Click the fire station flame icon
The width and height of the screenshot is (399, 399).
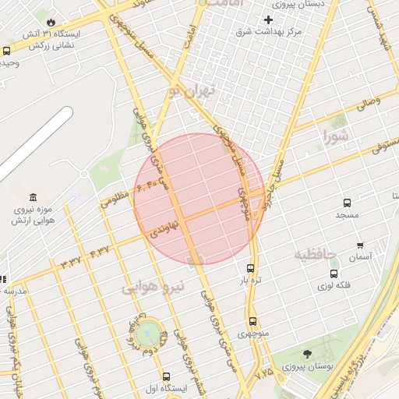coord(51,22)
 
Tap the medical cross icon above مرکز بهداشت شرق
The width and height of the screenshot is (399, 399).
coord(269,19)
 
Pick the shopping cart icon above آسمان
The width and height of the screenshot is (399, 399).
coord(360,245)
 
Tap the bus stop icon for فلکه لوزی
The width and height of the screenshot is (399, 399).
coord(334,274)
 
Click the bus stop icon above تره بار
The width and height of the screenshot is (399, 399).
coord(250,267)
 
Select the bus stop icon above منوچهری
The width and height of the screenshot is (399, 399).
coord(252,321)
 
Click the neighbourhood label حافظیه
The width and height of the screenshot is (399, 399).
coord(315,254)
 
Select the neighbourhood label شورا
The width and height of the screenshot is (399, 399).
coord(337,136)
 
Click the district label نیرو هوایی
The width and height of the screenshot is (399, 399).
coord(154,287)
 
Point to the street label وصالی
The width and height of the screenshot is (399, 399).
coord(367,102)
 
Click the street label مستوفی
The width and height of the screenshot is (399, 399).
coord(381,146)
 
